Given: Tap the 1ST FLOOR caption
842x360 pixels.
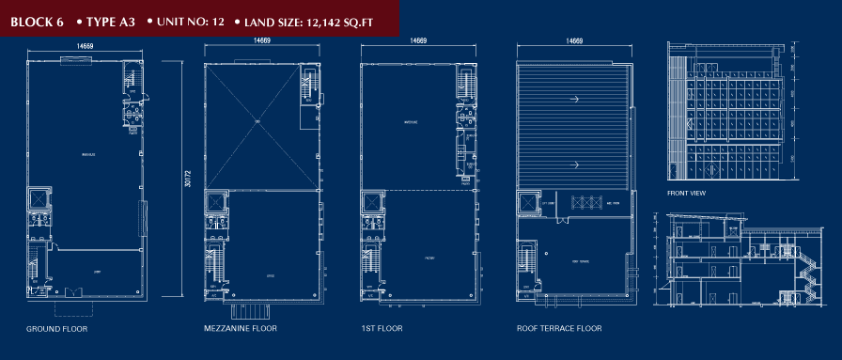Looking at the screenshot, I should point(382,330).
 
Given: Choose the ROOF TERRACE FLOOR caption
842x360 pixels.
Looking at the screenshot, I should point(559,330).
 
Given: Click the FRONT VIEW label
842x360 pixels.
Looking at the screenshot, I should point(686,194).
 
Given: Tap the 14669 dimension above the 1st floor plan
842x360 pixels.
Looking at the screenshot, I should point(418,41).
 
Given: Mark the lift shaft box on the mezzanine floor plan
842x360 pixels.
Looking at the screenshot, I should point(218,203).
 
